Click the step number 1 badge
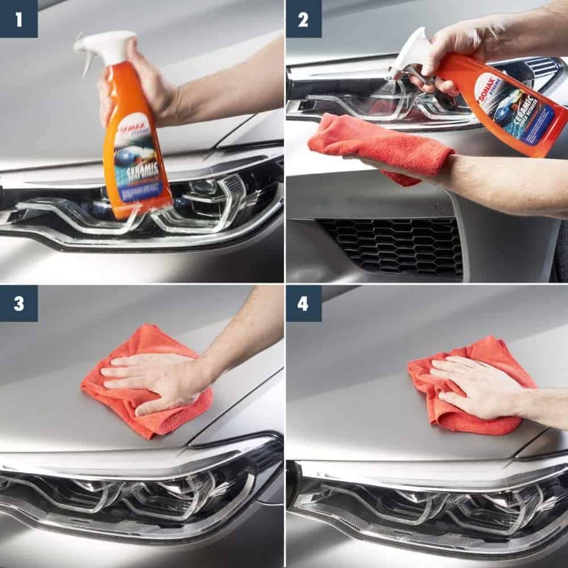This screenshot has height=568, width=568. click(19, 19)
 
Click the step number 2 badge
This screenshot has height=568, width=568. click(303, 19)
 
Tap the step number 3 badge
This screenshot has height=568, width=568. click(19, 303)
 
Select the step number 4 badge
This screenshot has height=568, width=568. click(303, 303)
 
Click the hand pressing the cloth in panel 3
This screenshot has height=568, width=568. click(153, 378)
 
